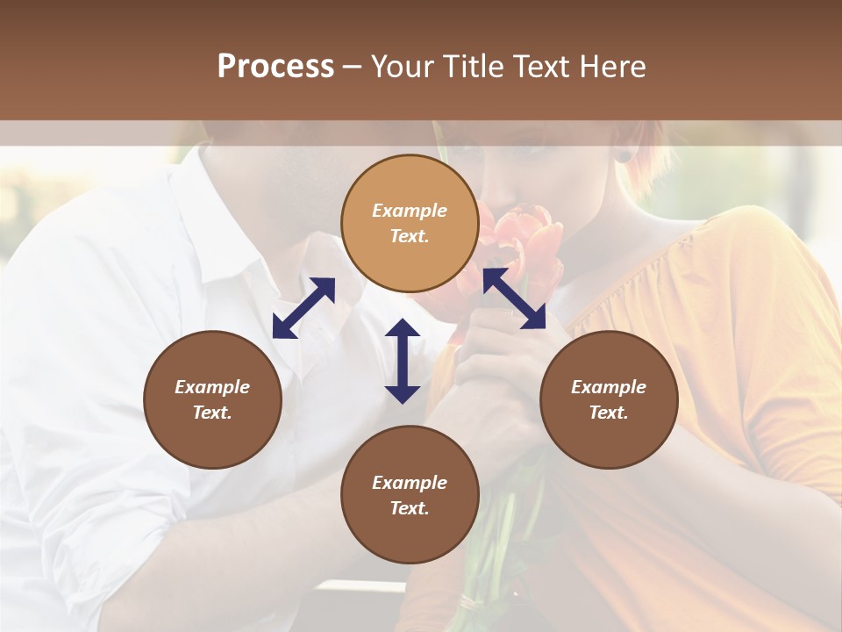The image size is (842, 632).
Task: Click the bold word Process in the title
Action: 275,68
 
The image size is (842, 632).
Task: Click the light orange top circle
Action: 410,223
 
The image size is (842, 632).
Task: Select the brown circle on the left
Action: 212,399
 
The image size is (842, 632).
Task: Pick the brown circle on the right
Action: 609,399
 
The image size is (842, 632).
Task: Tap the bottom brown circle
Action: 410,495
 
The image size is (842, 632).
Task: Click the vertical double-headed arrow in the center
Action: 403,361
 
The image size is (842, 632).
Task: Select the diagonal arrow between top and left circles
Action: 303,308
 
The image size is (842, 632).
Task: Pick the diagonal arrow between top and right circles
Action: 514,299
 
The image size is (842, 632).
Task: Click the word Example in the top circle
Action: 410,211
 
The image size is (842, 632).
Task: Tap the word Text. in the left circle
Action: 212,413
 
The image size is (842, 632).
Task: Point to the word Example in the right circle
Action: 609,387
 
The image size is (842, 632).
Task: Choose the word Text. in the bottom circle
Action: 410,508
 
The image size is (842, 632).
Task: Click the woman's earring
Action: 624,157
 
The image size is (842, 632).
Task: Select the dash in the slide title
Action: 353,68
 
